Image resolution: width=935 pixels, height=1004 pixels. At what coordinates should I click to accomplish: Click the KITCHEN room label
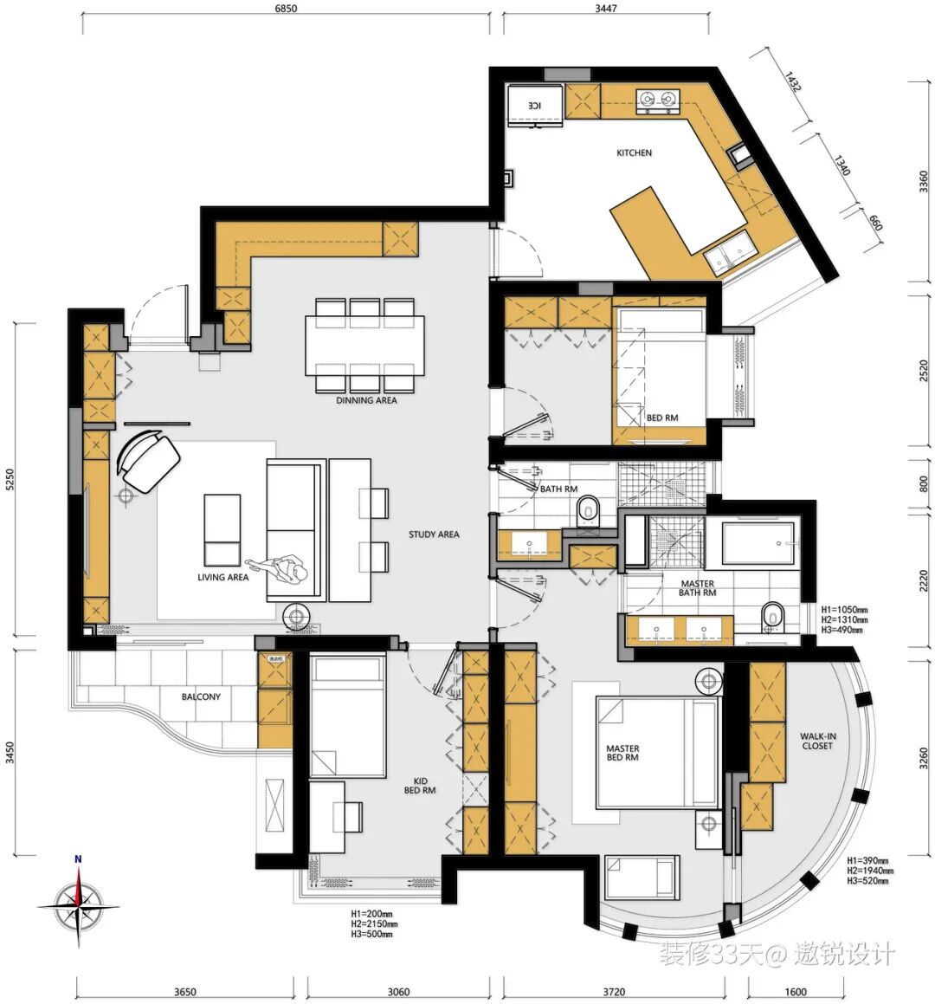[634, 152]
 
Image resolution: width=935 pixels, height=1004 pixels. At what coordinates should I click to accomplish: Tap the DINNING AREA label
[366, 400]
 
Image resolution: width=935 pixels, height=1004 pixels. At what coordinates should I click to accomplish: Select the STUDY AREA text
[434, 534]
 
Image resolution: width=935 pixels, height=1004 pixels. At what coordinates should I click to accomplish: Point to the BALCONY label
[201, 696]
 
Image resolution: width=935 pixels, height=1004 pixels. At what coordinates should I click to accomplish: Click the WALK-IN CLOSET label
[817, 741]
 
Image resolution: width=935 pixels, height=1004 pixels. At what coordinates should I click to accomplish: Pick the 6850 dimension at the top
[286, 9]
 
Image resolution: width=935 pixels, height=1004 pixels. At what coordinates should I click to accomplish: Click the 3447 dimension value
[605, 9]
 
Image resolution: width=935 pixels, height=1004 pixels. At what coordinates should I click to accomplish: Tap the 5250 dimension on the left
[10, 480]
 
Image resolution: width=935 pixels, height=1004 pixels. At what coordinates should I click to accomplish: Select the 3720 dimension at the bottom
[614, 992]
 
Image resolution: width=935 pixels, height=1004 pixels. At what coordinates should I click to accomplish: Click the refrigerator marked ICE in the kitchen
[535, 105]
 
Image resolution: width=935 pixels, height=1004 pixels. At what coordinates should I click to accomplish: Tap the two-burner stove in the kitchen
[657, 100]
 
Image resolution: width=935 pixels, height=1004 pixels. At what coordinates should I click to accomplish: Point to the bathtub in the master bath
[758, 544]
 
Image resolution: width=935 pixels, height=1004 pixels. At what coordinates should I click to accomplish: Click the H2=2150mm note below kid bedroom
[374, 924]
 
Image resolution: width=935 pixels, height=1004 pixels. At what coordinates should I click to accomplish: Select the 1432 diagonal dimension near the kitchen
[792, 82]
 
